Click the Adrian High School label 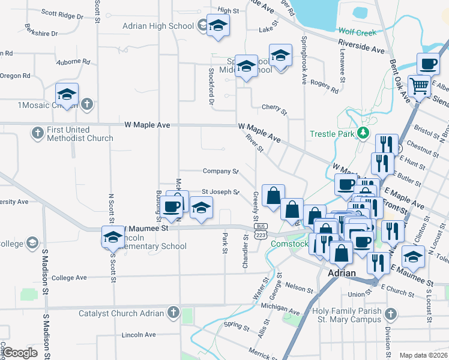(x=158, y=26)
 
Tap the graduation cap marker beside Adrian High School (x=218, y=26)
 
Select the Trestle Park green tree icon (x=363, y=133)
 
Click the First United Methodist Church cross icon (x=37, y=133)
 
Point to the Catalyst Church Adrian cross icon (x=173, y=313)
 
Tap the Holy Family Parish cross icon (x=390, y=314)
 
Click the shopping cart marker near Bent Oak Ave (x=420, y=86)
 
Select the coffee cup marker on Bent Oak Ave (x=429, y=63)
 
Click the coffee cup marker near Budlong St (x=172, y=207)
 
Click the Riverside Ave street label (x=361, y=46)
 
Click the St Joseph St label (x=220, y=192)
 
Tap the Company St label (x=220, y=171)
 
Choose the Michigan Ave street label (x=280, y=308)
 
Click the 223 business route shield (x=261, y=235)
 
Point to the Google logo (x=20, y=352)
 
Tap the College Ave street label (x=70, y=278)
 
